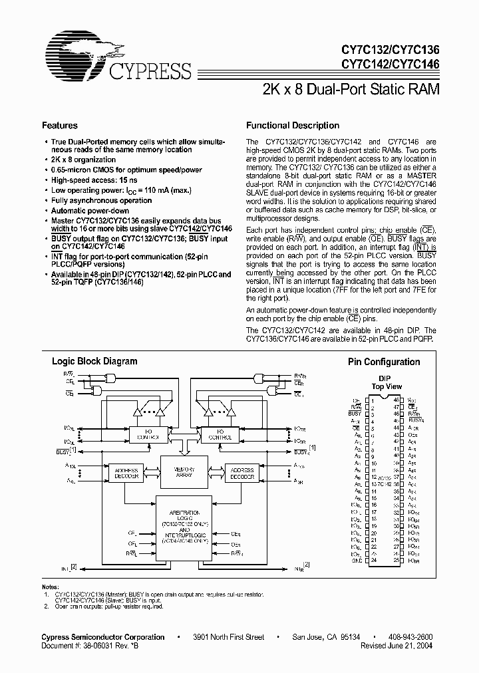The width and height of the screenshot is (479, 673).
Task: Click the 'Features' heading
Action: coord(59,125)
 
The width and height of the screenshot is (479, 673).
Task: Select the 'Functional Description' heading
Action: coord(293,125)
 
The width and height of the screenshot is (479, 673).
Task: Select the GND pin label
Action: coord(357,561)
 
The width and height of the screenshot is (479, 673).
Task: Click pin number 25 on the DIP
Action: coord(395,561)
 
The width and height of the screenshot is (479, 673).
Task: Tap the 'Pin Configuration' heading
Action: coord(384,362)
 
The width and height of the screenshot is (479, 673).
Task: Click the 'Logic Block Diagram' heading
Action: coord(94,362)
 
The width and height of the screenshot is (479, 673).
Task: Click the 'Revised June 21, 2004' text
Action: coord(397,645)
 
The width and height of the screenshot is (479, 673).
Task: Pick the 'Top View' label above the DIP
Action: coord(385,386)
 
